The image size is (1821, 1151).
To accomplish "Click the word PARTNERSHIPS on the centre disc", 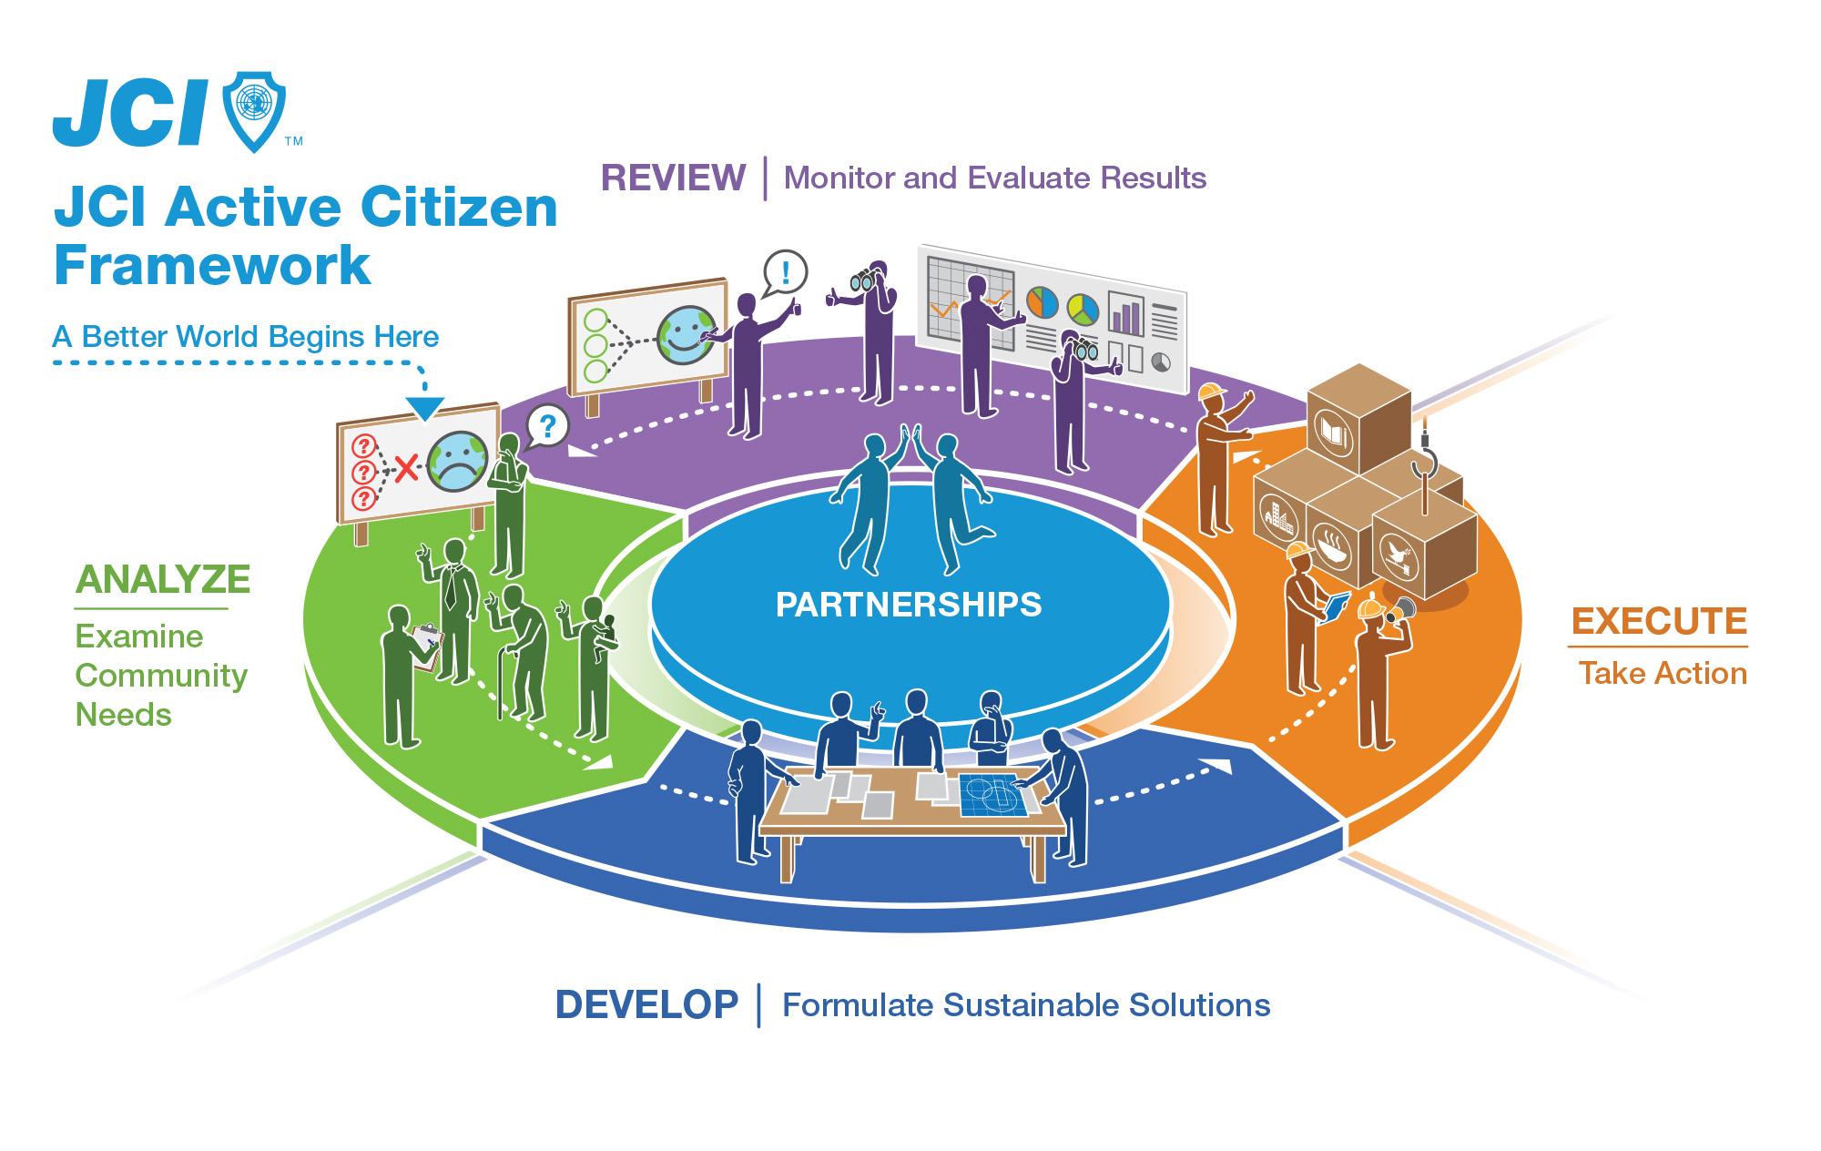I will coord(909,605).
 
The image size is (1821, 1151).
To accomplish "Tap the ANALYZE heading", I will coord(163,579).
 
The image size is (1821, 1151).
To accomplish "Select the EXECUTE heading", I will coord(1659,621).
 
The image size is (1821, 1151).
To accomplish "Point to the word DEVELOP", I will coord(646,1004).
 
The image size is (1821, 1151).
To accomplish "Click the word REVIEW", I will coord(673,178).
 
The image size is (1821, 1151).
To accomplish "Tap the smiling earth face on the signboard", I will coord(688,335).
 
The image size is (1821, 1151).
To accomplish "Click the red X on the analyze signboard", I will coord(405,470).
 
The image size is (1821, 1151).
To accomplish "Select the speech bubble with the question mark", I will coord(547,424).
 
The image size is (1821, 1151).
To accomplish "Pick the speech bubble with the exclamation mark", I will coord(786,270).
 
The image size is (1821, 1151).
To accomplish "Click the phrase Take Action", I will coord(1663,674).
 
